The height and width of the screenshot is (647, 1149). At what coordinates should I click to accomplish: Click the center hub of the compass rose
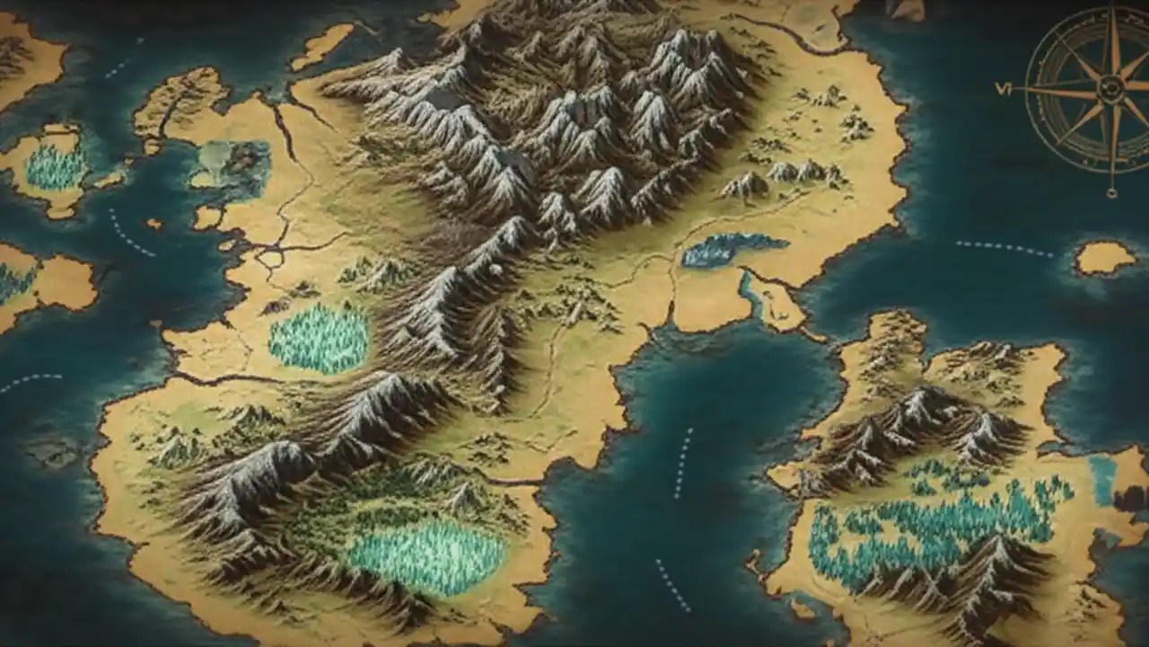[x=1111, y=87]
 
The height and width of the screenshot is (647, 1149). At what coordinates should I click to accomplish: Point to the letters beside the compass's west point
[x=1003, y=88]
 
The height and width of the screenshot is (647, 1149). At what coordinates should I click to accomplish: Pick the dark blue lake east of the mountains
[x=732, y=249]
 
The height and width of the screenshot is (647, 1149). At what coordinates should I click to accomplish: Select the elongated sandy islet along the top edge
[x=321, y=46]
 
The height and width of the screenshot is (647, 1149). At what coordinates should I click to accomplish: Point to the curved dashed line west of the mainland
[x=131, y=233]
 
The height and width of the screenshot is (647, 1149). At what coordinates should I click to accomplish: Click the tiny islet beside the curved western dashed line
[x=154, y=224]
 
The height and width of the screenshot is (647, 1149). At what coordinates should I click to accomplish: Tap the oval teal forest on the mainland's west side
[x=319, y=338]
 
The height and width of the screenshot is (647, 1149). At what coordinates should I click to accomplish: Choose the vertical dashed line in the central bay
[x=683, y=462]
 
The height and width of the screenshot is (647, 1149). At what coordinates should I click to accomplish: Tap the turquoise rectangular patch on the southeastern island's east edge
[x=1103, y=478]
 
